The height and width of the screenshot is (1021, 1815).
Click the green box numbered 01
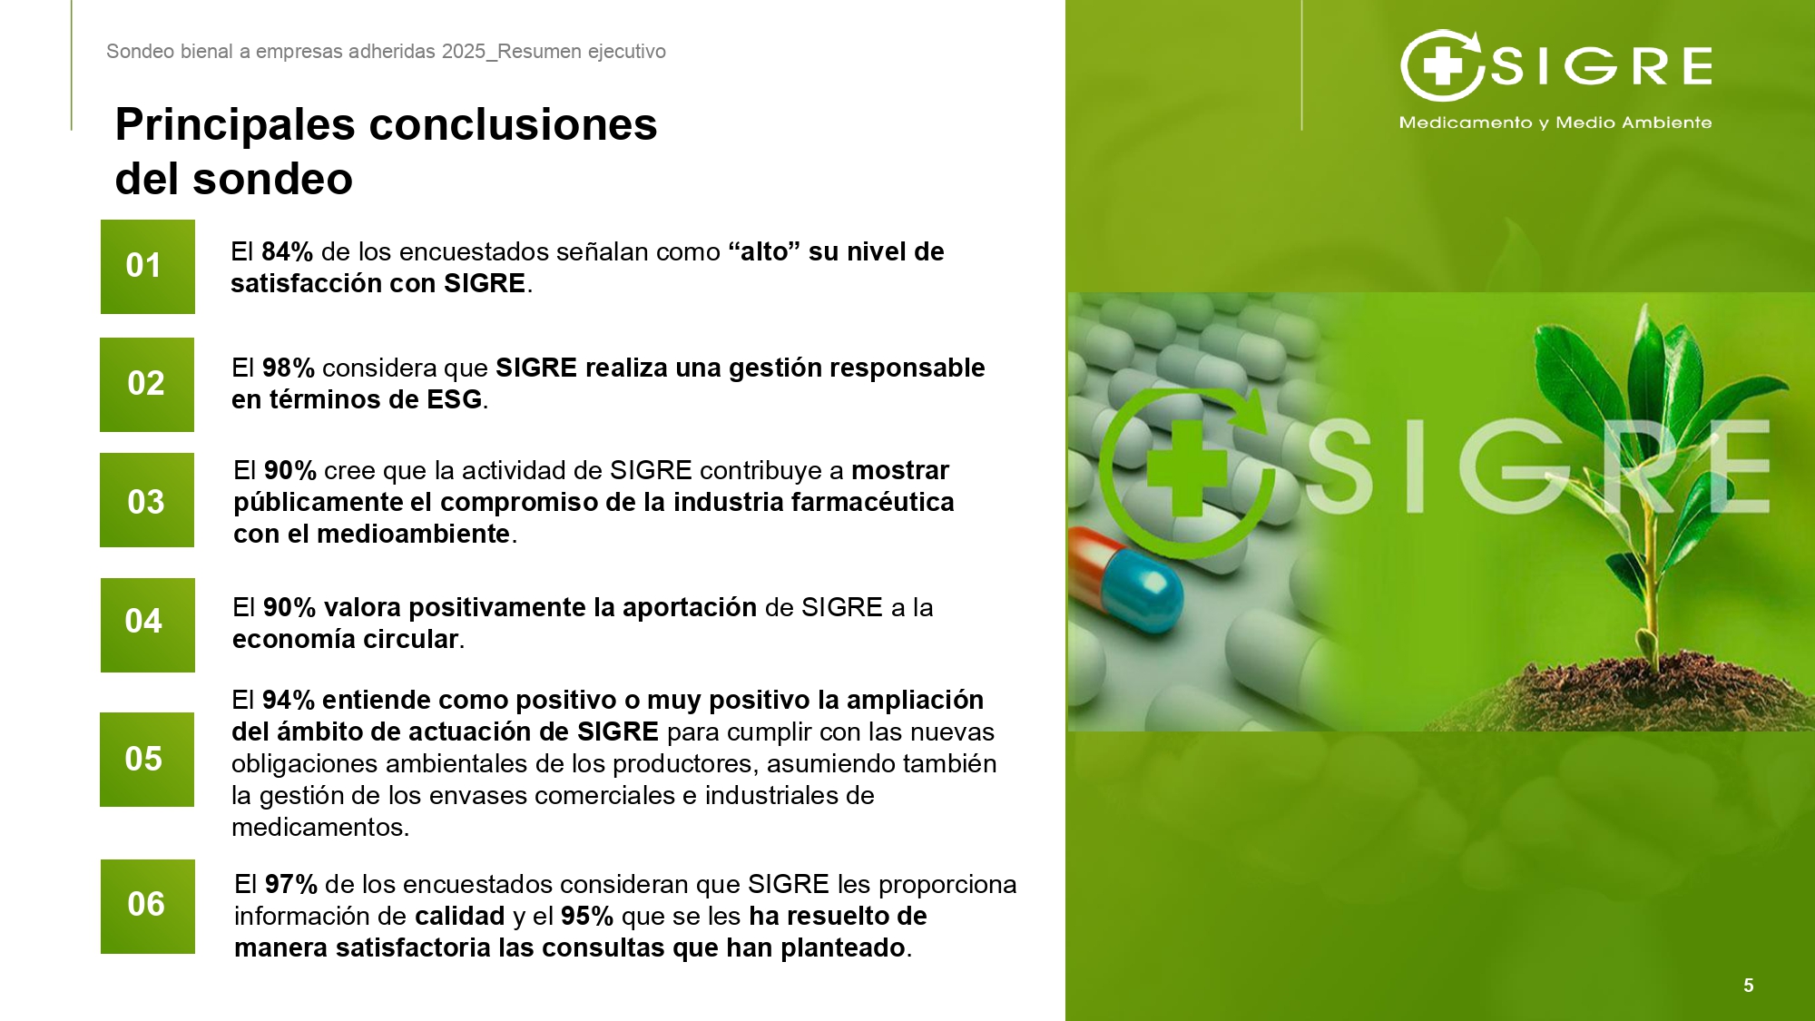click(x=148, y=267)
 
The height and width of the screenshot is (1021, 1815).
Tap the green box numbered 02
click(x=147, y=385)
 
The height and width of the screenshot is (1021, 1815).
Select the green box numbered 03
click(x=147, y=500)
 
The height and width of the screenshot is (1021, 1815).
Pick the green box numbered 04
click(x=148, y=625)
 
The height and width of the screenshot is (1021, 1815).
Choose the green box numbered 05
click(x=147, y=760)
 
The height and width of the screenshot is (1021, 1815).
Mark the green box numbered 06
click(x=148, y=907)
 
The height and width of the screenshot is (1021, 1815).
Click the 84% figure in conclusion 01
click(x=287, y=251)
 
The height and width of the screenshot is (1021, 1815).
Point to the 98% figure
click(x=289, y=368)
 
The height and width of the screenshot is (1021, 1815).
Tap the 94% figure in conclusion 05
click(x=289, y=700)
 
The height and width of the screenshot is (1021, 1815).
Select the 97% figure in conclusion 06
click(x=291, y=884)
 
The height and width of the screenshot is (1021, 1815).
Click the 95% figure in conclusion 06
click(x=587, y=916)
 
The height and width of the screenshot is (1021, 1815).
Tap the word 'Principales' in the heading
click(x=235, y=125)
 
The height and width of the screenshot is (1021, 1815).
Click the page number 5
click(x=1749, y=986)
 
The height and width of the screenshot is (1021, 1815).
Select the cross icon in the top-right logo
click(x=1441, y=65)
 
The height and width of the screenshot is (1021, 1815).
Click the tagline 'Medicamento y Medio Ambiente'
click(x=1555, y=123)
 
